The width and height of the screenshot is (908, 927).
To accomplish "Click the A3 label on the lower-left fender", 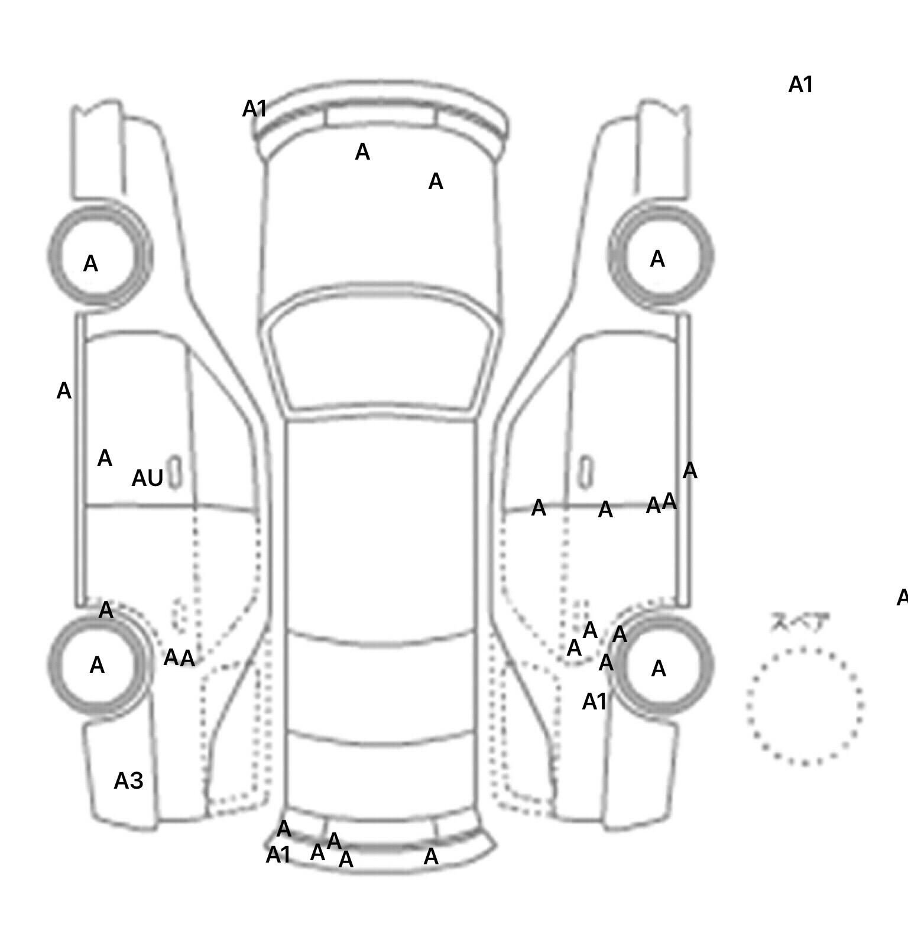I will coord(128,781).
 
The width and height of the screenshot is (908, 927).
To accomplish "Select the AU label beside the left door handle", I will coord(147,478).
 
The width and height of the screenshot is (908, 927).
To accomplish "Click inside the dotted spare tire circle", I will coord(805,705).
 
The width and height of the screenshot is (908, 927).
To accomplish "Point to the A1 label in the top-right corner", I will coord(801,85).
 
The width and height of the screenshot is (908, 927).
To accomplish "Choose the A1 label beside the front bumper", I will coord(255,109).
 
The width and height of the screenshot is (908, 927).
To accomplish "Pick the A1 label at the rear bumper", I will coord(278,854).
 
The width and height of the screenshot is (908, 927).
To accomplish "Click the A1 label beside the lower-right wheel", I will coord(595,702).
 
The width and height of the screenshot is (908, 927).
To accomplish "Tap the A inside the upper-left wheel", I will coord(90,264).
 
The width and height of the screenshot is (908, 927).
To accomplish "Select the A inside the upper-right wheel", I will coord(657,259).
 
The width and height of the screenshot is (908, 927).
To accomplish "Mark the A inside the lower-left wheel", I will coord(97,665).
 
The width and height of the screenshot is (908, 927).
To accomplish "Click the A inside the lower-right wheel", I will coord(659,669).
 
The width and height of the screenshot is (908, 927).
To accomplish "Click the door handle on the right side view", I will coord(585,472).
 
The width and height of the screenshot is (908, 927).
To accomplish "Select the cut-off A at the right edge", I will coord(902,598).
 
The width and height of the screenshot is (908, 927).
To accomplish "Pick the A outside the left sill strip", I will coord(64,391).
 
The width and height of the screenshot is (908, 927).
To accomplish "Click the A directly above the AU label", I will coord(105,458).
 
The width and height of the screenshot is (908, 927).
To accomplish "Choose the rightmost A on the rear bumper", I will coord(432,856).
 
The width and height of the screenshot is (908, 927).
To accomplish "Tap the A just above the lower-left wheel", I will coord(106,610).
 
